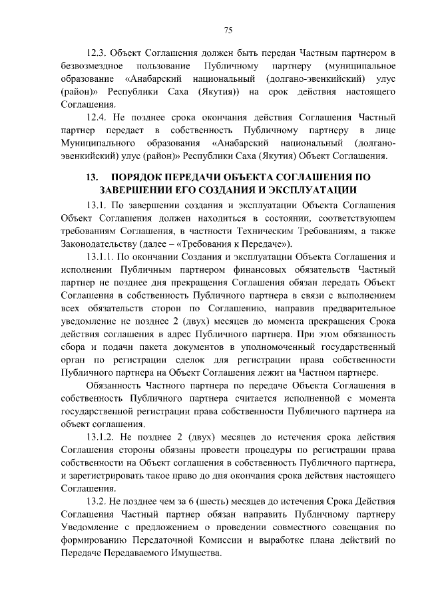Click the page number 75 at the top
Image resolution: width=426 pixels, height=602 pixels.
[x=228, y=30]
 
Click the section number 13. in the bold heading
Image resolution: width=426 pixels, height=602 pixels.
[x=88, y=178]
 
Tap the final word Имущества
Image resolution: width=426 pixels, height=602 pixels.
[x=198, y=554]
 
